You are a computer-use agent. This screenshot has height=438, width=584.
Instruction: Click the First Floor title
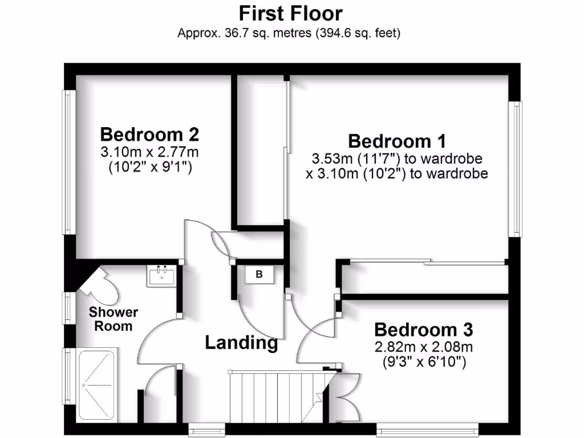tap(290, 13)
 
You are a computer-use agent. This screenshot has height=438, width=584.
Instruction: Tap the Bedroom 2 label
tap(149, 135)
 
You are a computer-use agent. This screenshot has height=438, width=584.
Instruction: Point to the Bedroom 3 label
tap(424, 330)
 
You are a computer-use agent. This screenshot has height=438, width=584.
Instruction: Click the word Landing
tap(241, 343)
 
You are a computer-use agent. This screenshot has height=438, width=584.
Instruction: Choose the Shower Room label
tap(113, 319)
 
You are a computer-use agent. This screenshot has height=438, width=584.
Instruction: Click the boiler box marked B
tap(259, 275)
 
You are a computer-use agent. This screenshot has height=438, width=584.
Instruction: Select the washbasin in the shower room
tap(161, 276)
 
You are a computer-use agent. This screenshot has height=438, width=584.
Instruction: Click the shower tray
tap(96, 386)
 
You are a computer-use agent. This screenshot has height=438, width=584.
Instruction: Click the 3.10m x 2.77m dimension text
tap(149, 152)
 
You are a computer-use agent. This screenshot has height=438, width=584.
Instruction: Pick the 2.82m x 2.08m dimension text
tap(424, 347)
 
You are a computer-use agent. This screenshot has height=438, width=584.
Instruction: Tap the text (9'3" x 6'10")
tap(424, 361)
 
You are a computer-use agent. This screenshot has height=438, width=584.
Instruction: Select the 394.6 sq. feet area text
tap(358, 33)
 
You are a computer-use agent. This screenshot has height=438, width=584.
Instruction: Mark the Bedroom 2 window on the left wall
tap(68, 162)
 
